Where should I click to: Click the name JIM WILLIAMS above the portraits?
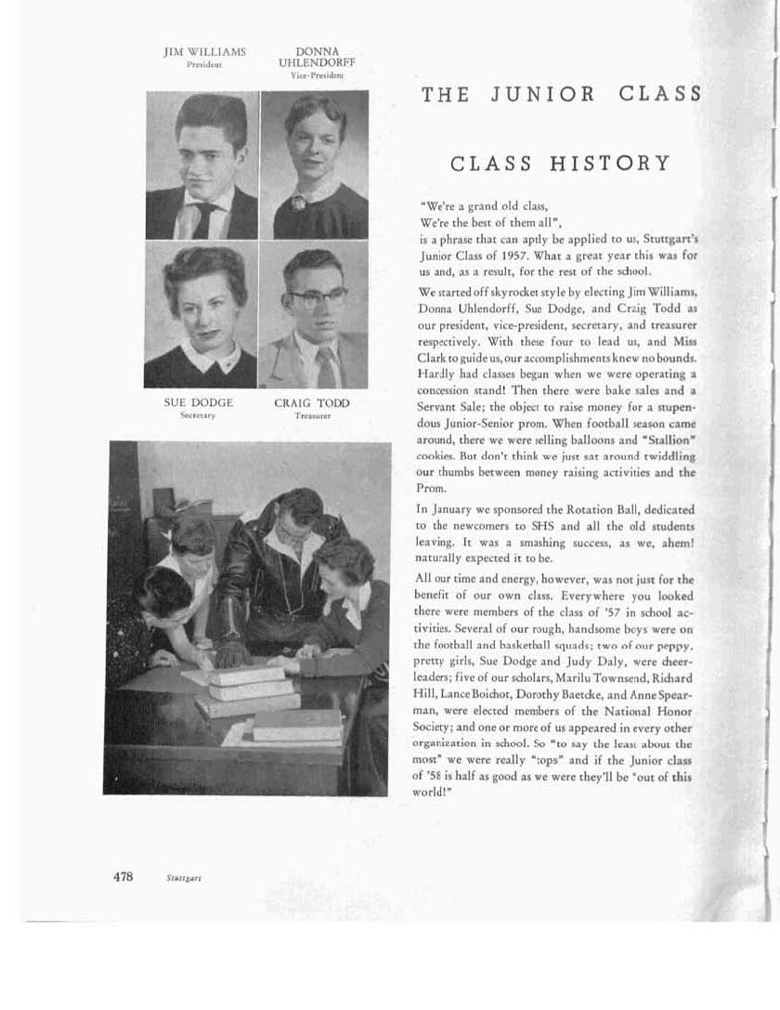pyautogui.click(x=204, y=53)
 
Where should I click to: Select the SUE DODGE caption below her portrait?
pyautogui.click(x=198, y=403)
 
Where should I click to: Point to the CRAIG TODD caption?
pyautogui.click(x=312, y=403)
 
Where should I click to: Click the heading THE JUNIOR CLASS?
pyautogui.click(x=561, y=94)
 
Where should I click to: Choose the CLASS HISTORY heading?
pyautogui.click(x=560, y=164)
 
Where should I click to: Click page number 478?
pyautogui.click(x=123, y=876)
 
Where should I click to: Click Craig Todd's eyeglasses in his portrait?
pyautogui.click(x=317, y=297)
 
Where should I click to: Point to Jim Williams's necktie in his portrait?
pyautogui.click(x=202, y=219)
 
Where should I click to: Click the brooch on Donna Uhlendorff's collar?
pyautogui.click(x=299, y=202)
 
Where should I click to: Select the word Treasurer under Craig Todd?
pyautogui.click(x=312, y=416)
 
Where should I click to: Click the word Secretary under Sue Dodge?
pyautogui.click(x=198, y=416)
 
